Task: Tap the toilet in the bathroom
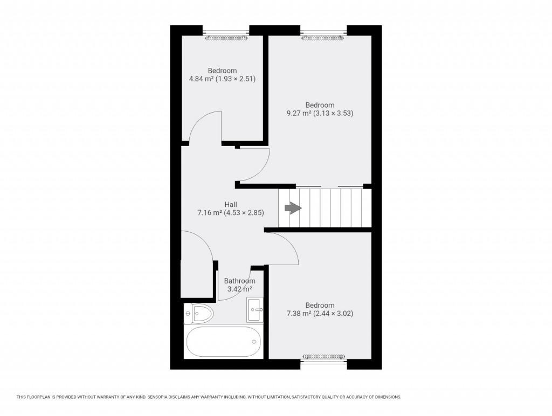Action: coord(199,312)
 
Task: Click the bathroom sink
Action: coord(255,310)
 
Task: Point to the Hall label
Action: coord(231,204)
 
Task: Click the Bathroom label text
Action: coord(239,281)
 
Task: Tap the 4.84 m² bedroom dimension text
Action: coord(222,79)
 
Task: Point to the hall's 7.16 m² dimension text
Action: coord(231,213)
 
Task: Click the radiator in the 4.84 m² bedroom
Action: coord(226,38)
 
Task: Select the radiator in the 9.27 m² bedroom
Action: coord(322,38)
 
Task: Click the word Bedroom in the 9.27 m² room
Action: coord(320,105)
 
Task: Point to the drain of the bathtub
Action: coord(254,341)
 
